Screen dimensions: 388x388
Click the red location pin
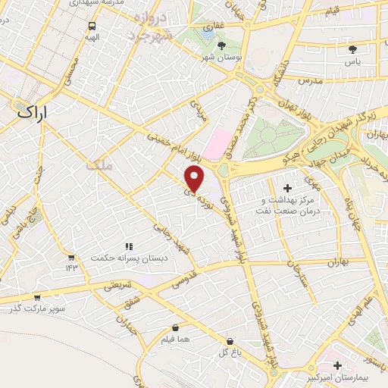(195, 178)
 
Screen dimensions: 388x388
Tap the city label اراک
(31, 111)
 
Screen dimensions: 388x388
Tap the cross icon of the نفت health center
(286, 187)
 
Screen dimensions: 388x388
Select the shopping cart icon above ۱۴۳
(70, 257)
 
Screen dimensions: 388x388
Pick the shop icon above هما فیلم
(175, 329)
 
